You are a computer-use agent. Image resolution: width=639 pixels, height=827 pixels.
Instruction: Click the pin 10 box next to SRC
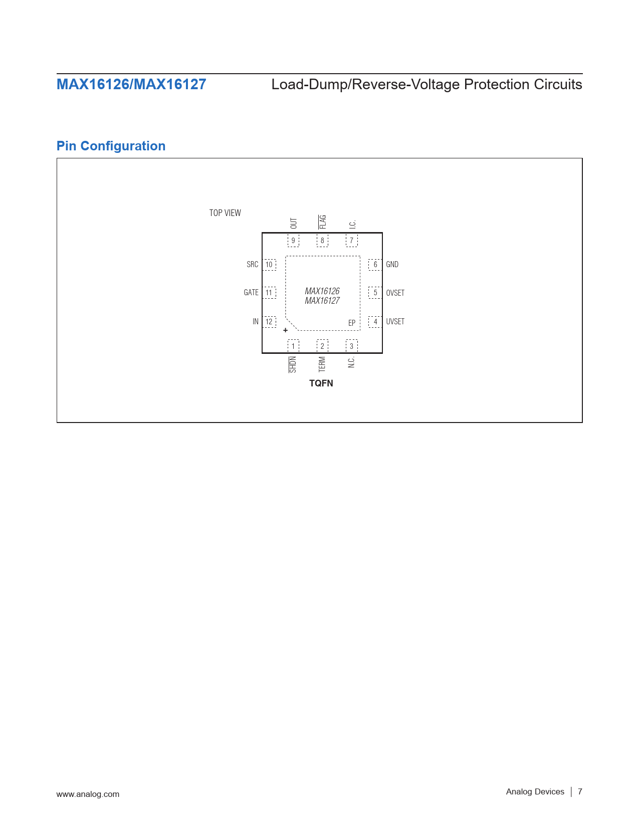pos(269,265)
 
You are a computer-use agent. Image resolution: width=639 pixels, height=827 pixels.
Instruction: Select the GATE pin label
pos(251,292)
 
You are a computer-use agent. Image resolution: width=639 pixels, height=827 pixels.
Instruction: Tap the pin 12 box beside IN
pos(269,322)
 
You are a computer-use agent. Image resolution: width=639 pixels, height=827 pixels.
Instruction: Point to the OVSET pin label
pos(395,293)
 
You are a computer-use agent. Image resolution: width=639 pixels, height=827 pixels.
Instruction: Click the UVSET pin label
pos(395,322)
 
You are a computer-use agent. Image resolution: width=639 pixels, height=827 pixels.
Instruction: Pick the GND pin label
pos(392,264)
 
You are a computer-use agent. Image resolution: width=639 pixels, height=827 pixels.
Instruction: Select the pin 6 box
pos(375,265)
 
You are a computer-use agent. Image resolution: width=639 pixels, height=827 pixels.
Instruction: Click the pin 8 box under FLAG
pos(322,241)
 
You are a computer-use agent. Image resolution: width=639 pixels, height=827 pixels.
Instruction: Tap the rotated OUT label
pos(293,224)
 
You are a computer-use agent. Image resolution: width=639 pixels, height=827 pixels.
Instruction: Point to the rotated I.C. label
pos(352,224)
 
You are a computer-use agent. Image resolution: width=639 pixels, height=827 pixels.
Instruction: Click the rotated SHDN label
pos(293,364)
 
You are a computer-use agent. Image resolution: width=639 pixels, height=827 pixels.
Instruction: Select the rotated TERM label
pos(322,364)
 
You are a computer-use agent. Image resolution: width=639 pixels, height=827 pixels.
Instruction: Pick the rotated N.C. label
pos(351,362)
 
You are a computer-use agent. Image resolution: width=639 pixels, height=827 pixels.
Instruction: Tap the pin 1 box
pos(293,345)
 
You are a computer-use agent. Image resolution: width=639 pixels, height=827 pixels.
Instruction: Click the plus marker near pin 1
pos(286,330)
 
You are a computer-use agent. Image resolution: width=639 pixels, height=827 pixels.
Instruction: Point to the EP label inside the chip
pos(352,323)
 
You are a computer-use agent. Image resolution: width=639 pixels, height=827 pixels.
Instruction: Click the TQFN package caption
pos(321,383)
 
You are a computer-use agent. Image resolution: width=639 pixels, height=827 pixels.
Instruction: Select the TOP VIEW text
pos(225,213)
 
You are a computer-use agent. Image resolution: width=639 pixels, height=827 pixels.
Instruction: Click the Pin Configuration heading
pos(111,146)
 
